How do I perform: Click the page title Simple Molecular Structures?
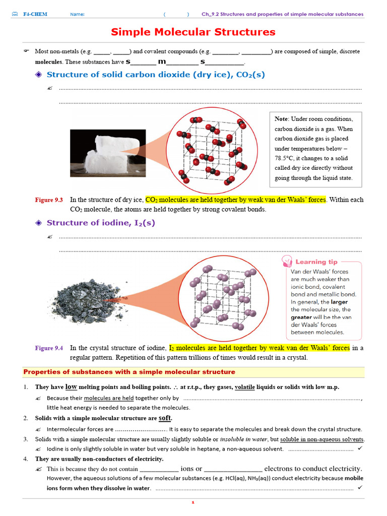tap(193, 32)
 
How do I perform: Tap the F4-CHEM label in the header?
tap(35, 14)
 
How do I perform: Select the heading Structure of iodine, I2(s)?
tap(101, 223)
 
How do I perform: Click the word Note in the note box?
tap(281, 119)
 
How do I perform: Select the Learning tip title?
tap(316, 262)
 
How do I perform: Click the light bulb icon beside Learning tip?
tap(287, 262)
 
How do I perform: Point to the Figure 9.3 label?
tap(49, 200)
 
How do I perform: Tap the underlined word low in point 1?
tap(71, 387)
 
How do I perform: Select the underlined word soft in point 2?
tap(165, 418)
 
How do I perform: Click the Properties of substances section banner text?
tap(130, 372)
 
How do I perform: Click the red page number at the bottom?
tap(193, 502)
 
